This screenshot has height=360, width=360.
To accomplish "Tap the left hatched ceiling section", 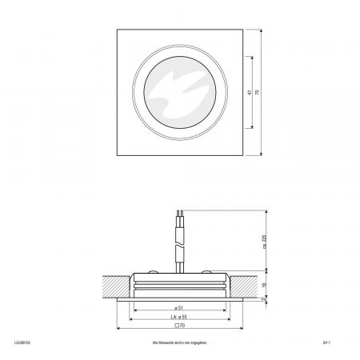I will pyautogui.click(x=114, y=284).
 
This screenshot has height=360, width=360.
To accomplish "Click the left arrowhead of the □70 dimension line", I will pyautogui.click(x=120, y=327).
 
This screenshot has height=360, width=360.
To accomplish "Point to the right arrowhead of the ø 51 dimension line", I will pyautogui.click(x=222, y=307).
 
